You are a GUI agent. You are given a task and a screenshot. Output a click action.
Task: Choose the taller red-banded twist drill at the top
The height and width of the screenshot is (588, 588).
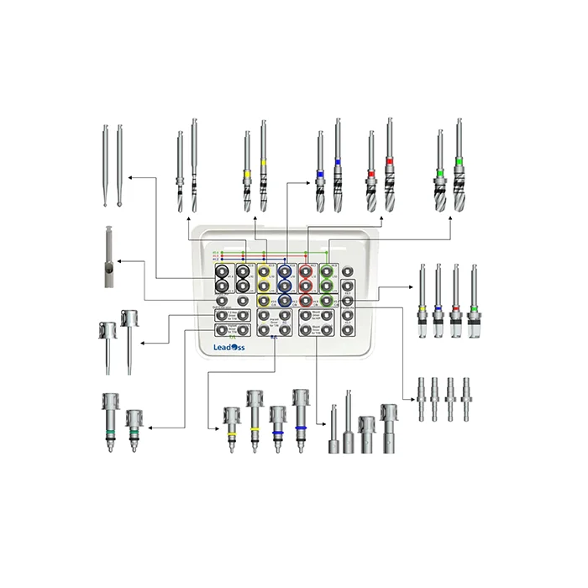click(389, 165)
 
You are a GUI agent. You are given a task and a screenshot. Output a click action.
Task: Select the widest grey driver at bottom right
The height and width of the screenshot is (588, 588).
click(389, 428)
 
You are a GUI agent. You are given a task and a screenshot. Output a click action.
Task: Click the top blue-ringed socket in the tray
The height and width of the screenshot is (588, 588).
click(286, 272)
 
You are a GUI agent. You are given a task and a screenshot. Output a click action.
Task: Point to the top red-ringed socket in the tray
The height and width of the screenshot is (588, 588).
click(307, 272)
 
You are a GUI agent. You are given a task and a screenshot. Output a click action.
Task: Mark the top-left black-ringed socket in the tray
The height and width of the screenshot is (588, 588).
click(223, 272)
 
